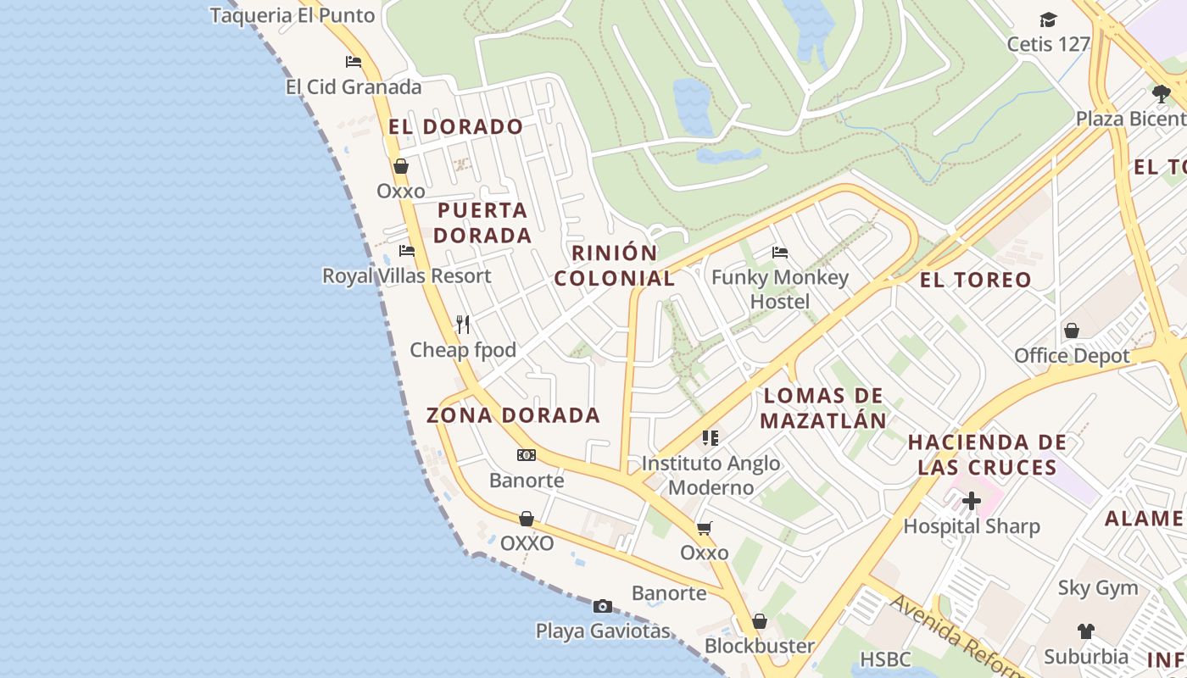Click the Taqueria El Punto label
pos(292,15)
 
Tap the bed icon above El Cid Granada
pos(354,62)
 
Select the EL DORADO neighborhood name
pos(455,127)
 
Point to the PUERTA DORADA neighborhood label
pos(482,223)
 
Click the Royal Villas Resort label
pos(406,276)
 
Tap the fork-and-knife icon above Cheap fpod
pos(463,325)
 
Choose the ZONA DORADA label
pos(513,415)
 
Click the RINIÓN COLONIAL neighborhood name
pos(615,265)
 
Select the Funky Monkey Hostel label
pos(779,290)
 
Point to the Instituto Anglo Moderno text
pos(711,475)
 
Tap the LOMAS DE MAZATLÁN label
pos(823,408)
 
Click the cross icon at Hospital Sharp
pos(972,501)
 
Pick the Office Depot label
pos(1072,356)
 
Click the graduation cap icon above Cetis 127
pos(1049,19)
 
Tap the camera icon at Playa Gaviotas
pos(603,606)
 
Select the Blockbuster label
pos(759,646)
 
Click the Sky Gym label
pos(1097,588)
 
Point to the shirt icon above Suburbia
pos(1086,631)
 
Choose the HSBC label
pos(885,659)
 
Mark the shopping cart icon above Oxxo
pos(704,529)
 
